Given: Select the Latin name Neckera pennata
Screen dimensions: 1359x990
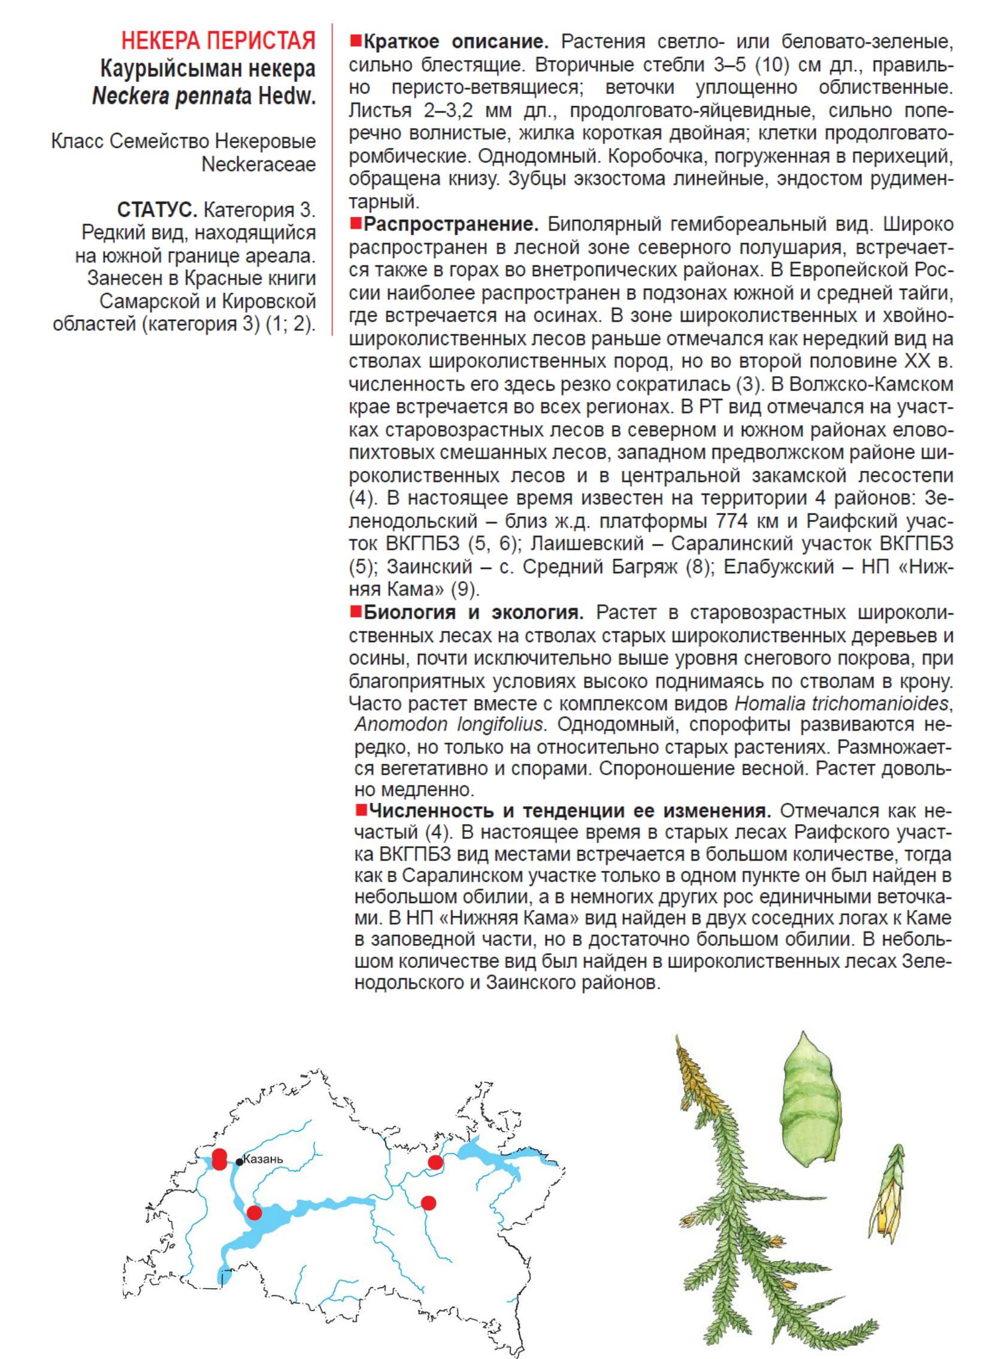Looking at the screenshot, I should coord(171,96).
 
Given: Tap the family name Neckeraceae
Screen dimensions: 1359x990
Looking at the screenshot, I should coord(258,164).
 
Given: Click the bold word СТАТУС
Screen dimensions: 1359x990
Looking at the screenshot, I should coord(157,210).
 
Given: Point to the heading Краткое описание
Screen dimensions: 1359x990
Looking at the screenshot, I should coord(456,43).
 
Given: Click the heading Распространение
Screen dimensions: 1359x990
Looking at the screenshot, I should coord(451,225).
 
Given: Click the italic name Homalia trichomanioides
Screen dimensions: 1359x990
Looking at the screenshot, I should coord(842,703).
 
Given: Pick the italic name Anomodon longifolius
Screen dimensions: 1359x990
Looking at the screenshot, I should coord(449,725).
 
